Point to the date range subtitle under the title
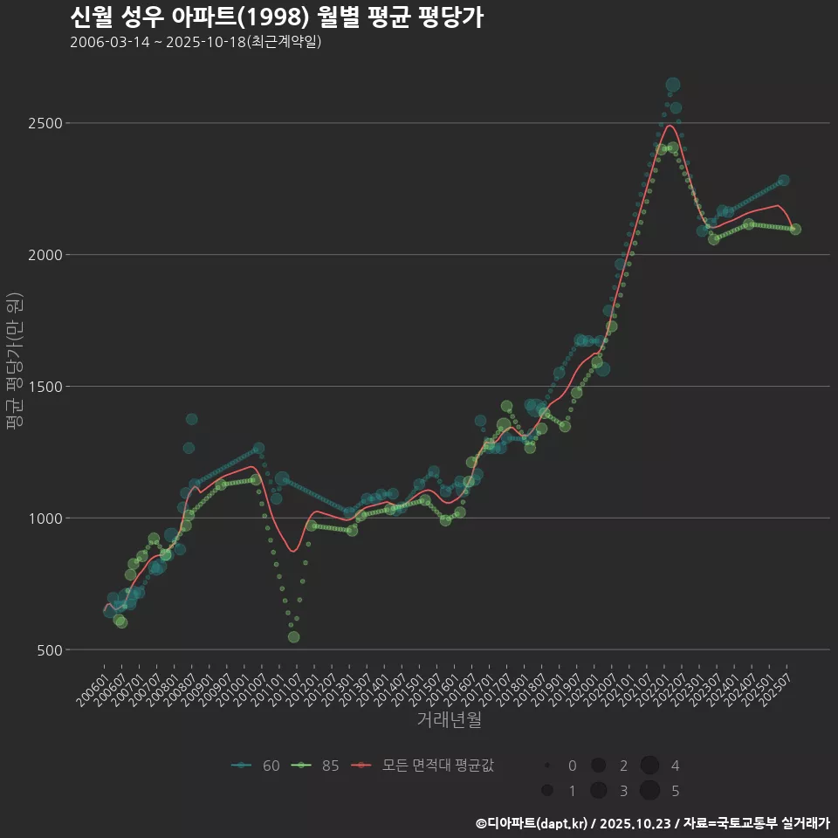click(196, 42)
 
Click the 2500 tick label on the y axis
click(43, 123)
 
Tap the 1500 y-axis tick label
click(43, 387)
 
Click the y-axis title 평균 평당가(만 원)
click(15, 360)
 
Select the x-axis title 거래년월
click(449, 719)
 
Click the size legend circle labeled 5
click(649, 791)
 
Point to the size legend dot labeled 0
click(547, 766)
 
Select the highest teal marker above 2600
click(672, 85)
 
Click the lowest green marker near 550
click(293, 637)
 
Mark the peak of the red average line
click(670, 126)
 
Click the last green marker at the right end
click(795, 230)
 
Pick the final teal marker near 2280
click(783, 180)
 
